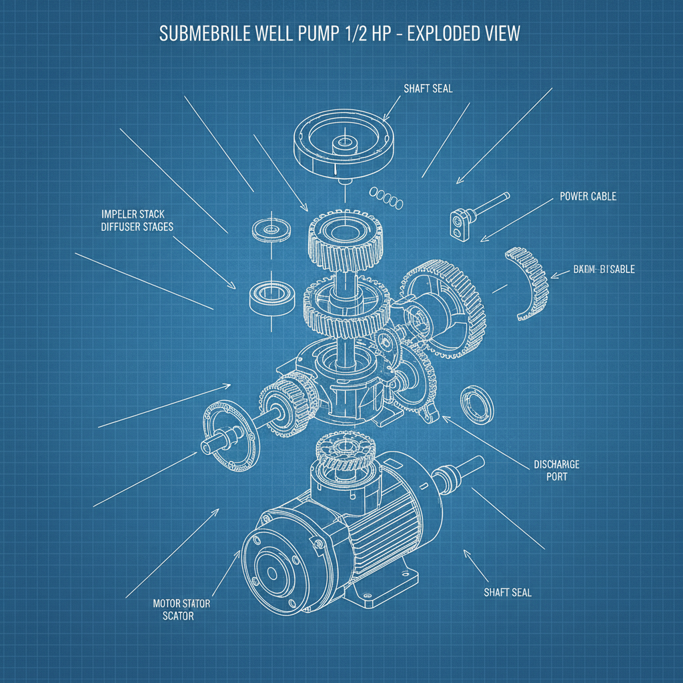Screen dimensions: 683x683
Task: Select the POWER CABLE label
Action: [588, 197]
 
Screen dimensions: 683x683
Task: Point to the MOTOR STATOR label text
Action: [181, 603]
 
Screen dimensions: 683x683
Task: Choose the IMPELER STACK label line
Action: [133, 214]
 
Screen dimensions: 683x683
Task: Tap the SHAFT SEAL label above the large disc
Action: [428, 88]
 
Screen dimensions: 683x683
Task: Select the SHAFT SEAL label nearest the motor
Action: [508, 592]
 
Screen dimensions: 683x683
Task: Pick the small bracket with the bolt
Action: [459, 223]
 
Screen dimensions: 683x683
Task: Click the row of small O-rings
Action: [387, 195]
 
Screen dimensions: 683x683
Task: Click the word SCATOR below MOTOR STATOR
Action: [178, 616]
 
